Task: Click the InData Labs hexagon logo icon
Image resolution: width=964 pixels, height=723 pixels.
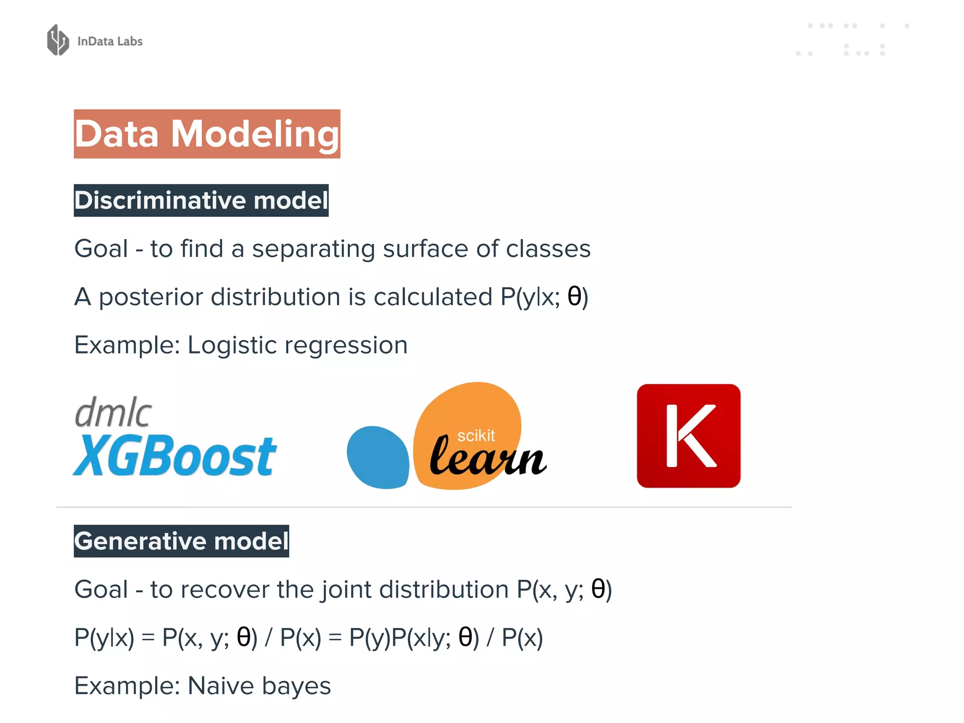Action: pyautogui.click(x=58, y=40)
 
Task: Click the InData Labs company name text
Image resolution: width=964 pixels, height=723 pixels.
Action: pyautogui.click(x=110, y=41)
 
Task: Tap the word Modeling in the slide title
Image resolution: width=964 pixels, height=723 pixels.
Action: pyautogui.click(x=255, y=134)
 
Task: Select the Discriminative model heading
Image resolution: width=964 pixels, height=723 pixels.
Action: pyautogui.click(x=201, y=201)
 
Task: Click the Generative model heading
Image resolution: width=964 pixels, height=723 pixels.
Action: pyautogui.click(x=181, y=541)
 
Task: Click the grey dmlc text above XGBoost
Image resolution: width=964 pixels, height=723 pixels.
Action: pyautogui.click(x=113, y=412)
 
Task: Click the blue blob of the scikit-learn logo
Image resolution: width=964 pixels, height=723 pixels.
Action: pyautogui.click(x=378, y=457)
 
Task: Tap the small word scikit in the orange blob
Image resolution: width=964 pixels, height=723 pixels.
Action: pyautogui.click(x=476, y=436)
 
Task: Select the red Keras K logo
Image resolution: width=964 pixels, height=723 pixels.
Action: pyautogui.click(x=688, y=436)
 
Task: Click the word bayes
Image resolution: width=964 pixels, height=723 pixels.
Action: pyautogui.click(x=296, y=686)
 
